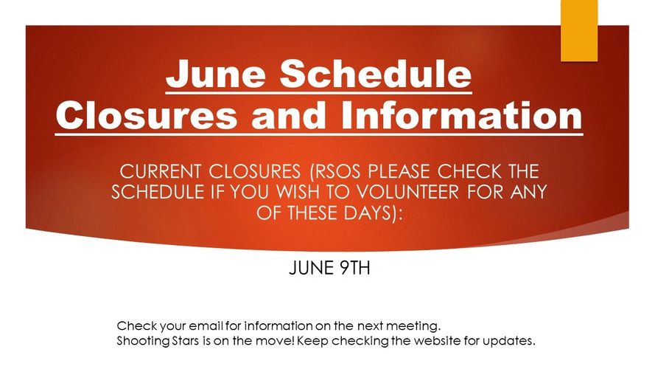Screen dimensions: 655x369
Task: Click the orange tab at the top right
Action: (579, 30)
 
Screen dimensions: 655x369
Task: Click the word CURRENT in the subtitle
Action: (161, 171)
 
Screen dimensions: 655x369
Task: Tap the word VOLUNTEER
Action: (407, 192)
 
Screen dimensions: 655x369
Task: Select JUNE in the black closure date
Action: (312, 268)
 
